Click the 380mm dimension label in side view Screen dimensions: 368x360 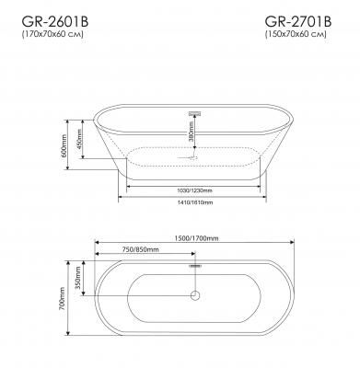[x=191, y=137]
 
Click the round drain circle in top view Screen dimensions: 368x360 [x=194, y=295]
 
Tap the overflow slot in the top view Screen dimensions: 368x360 [x=194, y=265]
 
